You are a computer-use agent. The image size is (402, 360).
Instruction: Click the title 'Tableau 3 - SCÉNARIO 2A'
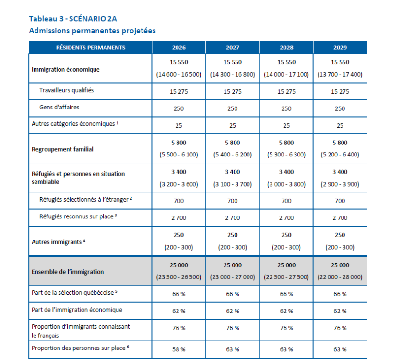point(73,19)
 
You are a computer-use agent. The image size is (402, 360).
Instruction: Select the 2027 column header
point(232,48)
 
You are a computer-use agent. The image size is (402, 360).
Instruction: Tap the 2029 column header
point(340,48)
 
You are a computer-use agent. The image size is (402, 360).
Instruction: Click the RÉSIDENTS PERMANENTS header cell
point(91,48)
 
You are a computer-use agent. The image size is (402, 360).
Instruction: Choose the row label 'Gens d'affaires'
point(59,108)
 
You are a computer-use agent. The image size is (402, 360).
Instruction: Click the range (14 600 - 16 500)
point(178,75)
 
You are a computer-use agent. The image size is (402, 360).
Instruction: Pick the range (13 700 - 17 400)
point(340,75)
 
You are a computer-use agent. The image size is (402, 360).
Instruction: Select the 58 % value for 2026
point(178,349)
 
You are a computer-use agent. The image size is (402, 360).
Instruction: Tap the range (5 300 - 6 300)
point(286,155)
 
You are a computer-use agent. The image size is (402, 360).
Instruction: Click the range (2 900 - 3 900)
point(340,184)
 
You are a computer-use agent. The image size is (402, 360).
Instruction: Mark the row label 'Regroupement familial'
point(62,149)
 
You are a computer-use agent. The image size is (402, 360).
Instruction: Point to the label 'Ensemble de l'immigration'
point(68,272)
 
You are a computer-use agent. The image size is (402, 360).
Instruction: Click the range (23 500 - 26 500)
point(178,277)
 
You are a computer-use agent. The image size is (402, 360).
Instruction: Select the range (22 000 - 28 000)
point(340,277)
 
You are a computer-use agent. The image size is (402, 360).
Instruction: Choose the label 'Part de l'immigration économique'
point(77,310)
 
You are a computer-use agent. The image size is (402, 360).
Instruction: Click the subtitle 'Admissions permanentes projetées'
point(92,31)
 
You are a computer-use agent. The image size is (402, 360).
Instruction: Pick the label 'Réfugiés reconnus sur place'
point(77,216)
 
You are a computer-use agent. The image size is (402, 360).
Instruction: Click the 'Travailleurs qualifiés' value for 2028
point(286,91)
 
